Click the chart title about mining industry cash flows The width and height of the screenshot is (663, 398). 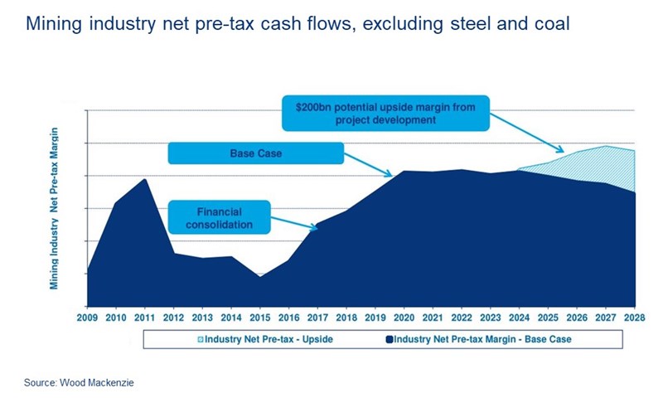pyautogui.click(x=298, y=24)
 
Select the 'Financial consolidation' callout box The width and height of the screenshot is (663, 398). pyautogui.click(x=219, y=217)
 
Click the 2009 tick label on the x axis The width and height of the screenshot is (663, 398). pyautogui.click(x=88, y=318)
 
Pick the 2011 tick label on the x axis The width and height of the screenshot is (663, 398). pyautogui.click(x=146, y=318)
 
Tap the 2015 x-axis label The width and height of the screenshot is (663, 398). pyautogui.click(x=260, y=318)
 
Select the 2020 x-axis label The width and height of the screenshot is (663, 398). pyautogui.click(x=404, y=318)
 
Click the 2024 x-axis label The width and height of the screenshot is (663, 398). pyautogui.click(x=520, y=318)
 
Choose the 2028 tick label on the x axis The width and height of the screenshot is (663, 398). pyautogui.click(x=634, y=318)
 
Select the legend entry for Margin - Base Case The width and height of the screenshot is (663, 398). pyautogui.click(x=482, y=339)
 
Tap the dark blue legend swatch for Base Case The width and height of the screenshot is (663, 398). pyautogui.click(x=389, y=339)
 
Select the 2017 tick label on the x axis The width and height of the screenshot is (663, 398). pyautogui.click(x=318, y=318)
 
